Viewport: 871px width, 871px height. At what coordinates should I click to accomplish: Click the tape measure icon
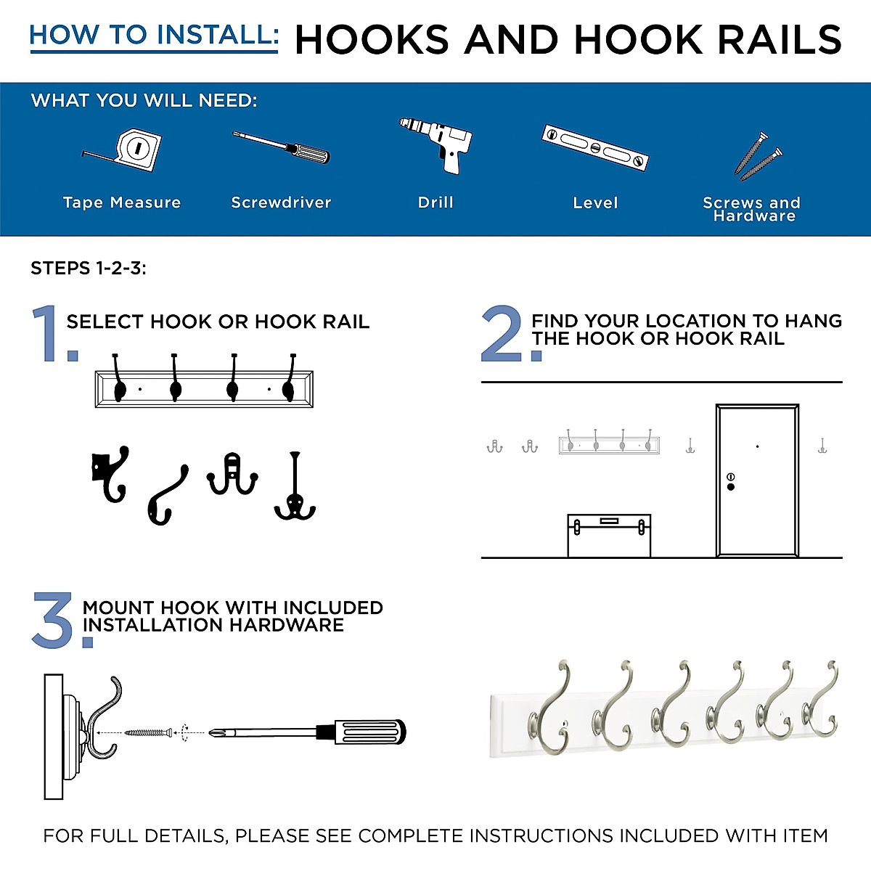[x=127, y=151]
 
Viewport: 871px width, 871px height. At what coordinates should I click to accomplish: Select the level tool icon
[x=594, y=147]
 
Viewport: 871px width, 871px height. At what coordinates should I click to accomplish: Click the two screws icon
[x=759, y=157]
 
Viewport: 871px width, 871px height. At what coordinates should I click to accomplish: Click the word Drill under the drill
[x=435, y=203]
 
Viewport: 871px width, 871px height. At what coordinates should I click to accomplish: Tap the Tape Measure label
[x=122, y=203]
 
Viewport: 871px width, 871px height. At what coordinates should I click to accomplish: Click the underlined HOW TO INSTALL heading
[x=154, y=35]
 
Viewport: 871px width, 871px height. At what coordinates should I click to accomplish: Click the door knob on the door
[x=730, y=486]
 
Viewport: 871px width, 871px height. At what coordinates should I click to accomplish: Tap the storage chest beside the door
[x=609, y=536]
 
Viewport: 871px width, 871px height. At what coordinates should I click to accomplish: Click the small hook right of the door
[x=822, y=446]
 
